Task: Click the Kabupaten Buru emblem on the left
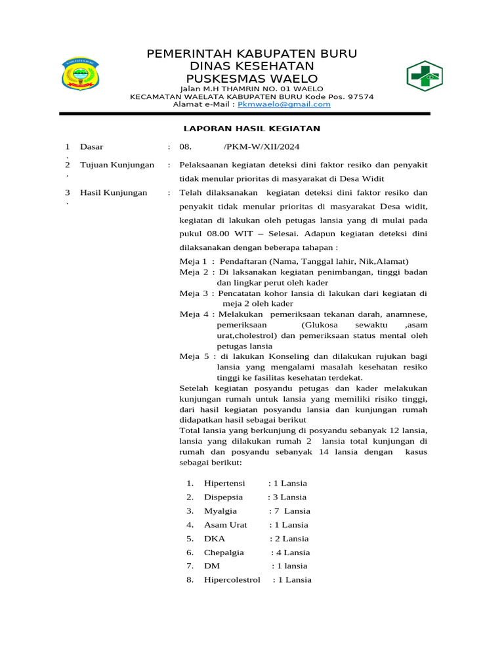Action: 79,73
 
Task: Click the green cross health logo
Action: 424,77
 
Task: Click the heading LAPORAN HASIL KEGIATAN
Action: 252,129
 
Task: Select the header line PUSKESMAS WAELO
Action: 252,79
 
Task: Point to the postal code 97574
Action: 360,96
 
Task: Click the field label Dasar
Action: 91,147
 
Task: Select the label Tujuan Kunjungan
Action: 117,165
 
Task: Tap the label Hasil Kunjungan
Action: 114,193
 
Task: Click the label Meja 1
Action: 193,261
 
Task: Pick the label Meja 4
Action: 193,314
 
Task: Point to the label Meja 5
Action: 193,356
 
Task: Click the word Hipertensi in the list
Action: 224,484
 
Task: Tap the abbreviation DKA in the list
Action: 215,539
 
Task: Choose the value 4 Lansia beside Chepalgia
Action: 293,553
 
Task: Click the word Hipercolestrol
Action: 232,580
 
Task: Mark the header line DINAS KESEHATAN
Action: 252,66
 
